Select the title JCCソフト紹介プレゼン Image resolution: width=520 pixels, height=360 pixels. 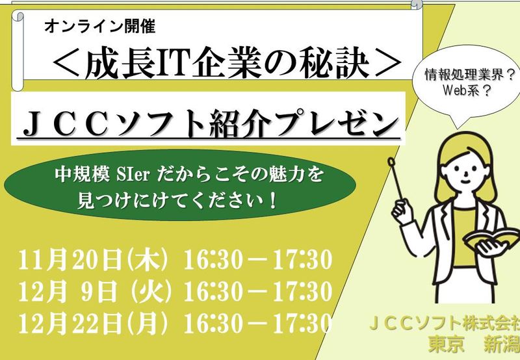207,123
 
